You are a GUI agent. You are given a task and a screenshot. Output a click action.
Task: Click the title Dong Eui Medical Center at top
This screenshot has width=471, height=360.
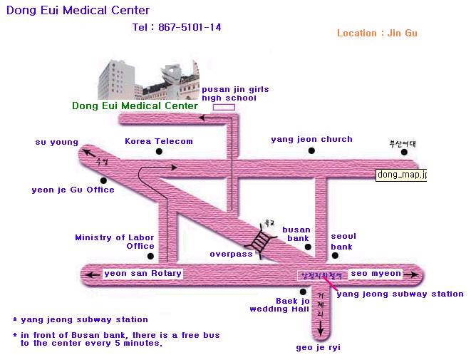[78, 11]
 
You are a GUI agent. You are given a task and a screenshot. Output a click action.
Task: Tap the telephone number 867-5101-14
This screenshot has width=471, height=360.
[177, 28]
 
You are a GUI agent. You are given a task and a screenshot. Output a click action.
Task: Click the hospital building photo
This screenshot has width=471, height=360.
[147, 80]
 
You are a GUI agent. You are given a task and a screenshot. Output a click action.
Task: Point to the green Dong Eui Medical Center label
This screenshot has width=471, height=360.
[135, 106]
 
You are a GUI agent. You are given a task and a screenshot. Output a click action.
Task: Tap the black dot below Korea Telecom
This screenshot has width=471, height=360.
[158, 151]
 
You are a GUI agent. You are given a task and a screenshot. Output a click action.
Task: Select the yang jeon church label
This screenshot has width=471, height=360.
[311, 140]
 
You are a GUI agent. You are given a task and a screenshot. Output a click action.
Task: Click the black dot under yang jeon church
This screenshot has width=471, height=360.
[311, 151]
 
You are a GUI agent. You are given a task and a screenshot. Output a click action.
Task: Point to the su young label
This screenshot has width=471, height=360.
[57, 142]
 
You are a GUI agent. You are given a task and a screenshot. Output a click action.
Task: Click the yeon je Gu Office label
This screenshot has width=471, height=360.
[73, 190]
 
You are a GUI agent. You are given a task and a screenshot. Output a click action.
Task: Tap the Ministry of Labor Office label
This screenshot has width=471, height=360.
[114, 242]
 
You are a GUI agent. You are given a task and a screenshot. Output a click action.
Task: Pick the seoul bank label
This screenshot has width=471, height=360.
[343, 241]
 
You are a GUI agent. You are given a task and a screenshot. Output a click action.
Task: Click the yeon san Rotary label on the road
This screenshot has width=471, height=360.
[143, 273]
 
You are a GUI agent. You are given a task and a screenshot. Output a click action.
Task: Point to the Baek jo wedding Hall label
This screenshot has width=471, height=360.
[279, 306]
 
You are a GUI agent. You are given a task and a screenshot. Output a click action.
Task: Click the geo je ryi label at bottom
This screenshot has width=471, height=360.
[319, 348]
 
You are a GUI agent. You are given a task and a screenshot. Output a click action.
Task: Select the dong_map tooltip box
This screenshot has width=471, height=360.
[401, 174]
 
